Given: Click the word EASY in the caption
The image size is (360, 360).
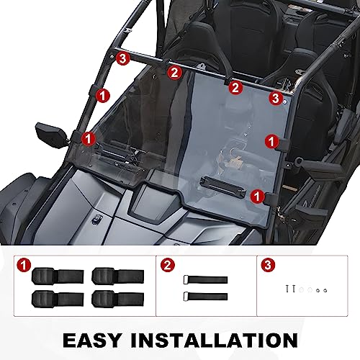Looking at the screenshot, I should pyautogui.click(x=98, y=338).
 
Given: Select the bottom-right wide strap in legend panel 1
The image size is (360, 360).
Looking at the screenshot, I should pyautogui.click(x=108, y=297).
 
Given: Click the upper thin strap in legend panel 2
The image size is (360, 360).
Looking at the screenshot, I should pyautogui.click(x=207, y=279).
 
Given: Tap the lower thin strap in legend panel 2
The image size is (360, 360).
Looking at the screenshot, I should pyautogui.click(x=207, y=296).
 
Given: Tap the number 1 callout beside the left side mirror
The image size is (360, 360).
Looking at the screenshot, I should pyautogui.click(x=87, y=137).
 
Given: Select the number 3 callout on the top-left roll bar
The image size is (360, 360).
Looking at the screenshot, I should pyautogui.click(x=123, y=58).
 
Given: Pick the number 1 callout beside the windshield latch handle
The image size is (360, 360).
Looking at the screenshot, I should pyautogui.click(x=257, y=194).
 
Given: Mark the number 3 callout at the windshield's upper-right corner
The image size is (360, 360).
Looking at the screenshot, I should pyautogui.click(x=274, y=97).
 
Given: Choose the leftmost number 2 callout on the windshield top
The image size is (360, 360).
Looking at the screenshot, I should pyautogui.click(x=173, y=71).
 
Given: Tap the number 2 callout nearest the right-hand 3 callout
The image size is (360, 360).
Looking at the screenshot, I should pyautogui.click(x=233, y=88).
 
